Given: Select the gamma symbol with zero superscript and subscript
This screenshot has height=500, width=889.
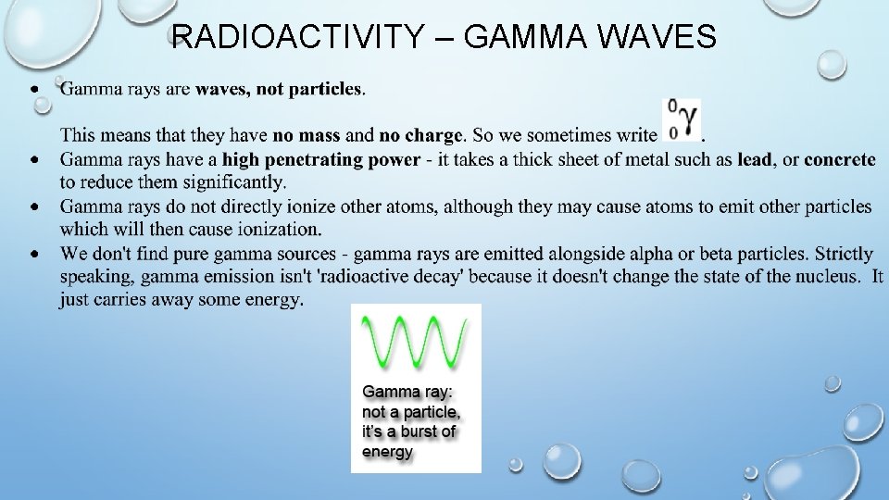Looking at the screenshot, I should point(683,120).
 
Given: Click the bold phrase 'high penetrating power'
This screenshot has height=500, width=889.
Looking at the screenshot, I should point(320,160).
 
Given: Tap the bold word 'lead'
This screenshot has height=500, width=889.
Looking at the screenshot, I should point(755,160).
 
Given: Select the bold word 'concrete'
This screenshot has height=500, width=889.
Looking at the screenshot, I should point(839,160).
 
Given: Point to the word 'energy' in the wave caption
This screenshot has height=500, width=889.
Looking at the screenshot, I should point(387,453).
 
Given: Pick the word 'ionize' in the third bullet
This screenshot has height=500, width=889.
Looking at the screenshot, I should point(332,206).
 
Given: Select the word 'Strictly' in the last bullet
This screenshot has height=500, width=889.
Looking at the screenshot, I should point(843,254).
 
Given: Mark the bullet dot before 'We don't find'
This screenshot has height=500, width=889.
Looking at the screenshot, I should point(34,253).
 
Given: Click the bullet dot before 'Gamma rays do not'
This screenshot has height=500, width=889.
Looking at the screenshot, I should point(34,206).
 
